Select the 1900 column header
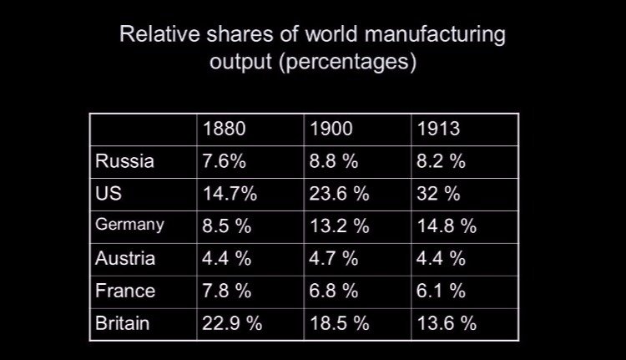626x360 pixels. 331,129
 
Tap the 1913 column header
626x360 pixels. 437,129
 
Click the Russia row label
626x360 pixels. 124,161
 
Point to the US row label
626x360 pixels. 109,193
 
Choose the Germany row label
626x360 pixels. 129,226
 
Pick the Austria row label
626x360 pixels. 125,258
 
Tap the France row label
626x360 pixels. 125,291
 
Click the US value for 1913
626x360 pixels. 438,194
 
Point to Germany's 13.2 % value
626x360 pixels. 339,226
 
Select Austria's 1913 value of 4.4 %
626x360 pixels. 441,258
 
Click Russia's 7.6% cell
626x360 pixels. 225,161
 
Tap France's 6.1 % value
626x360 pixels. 441,291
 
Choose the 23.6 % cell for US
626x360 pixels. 339,194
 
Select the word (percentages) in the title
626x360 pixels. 351,63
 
